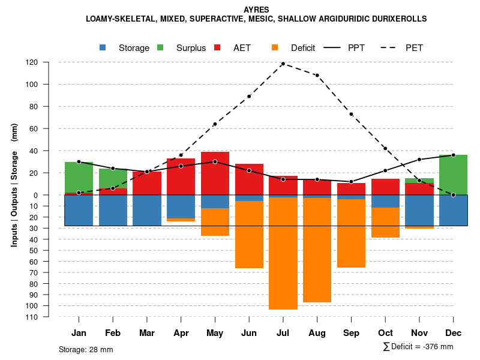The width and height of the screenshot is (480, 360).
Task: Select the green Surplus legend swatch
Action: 160,48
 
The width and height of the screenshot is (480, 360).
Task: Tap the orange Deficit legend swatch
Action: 275,48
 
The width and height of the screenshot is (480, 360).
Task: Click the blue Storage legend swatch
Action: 103,48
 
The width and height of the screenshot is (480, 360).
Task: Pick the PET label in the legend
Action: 414,48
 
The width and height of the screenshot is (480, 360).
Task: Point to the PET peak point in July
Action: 283,64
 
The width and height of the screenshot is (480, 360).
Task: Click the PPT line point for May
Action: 215,161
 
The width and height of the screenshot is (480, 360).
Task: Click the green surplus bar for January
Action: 79,177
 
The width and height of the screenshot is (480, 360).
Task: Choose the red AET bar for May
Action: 215,173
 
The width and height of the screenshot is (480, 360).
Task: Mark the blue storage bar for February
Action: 113,210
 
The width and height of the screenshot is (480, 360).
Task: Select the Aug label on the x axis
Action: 317,333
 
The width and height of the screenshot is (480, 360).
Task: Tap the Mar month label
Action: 147,333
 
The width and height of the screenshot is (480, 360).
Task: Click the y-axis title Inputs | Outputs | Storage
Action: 14,185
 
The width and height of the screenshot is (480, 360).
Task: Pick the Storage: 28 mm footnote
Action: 86,349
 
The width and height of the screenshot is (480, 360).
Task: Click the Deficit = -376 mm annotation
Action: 418,347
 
